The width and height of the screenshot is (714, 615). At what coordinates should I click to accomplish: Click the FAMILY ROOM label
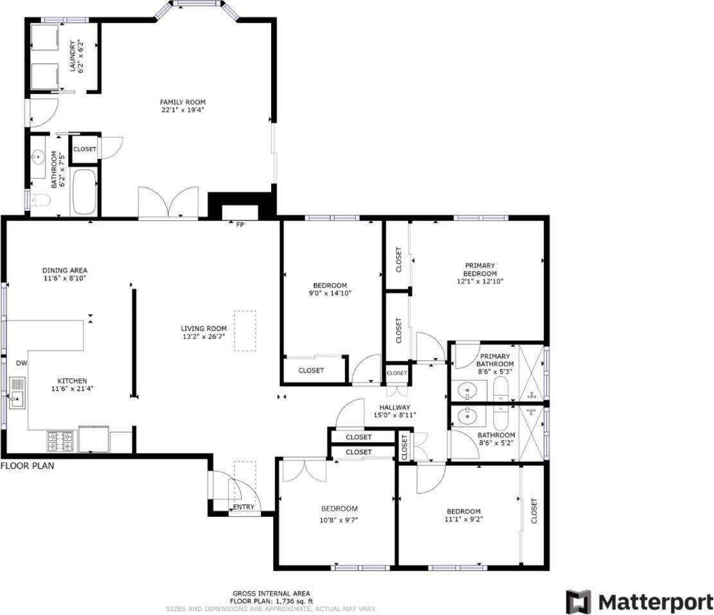coord(183,102)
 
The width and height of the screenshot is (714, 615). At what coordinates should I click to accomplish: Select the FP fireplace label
coord(240,225)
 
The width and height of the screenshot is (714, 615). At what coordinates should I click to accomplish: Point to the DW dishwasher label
coord(21,363)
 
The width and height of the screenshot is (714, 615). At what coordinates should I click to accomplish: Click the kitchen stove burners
coord(60,441)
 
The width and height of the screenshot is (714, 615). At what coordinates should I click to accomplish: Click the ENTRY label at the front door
coord(244,507)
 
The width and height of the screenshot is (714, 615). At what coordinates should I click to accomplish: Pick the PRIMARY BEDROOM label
coord(480,269)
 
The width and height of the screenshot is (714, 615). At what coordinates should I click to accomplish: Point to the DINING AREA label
coord(65,270)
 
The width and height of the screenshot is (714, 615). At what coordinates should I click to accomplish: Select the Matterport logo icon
coord(578,602)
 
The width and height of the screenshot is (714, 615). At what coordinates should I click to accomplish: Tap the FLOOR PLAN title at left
coord(27,466)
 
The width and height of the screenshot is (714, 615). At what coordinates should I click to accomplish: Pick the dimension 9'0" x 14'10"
coord(330,293)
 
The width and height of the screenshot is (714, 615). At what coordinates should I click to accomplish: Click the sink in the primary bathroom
coord(467,389)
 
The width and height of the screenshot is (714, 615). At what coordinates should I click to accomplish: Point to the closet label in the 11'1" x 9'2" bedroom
coord(534,511)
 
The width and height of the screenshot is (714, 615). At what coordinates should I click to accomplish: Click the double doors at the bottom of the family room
coord(168,204)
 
